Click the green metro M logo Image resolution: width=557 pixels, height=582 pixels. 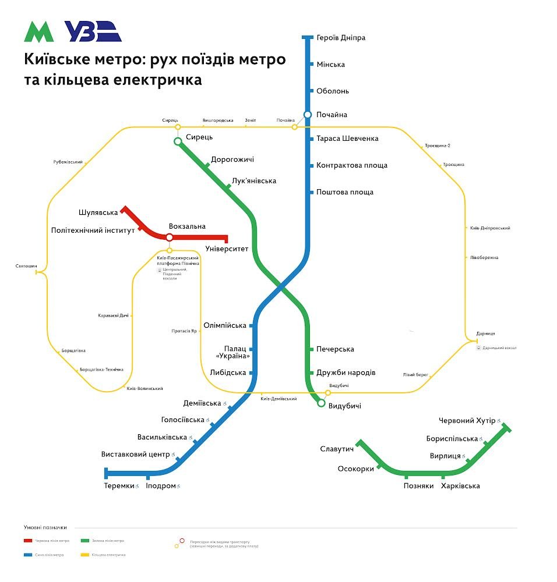tap(38, 32)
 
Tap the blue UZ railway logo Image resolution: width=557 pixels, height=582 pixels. tap(93, 31)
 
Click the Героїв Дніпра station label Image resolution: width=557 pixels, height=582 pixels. tap(341, 38)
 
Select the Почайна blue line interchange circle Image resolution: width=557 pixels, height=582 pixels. tap(308, 115)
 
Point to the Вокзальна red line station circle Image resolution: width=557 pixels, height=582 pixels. tap(169, 237)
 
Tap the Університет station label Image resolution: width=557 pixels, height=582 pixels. tap(227, 249)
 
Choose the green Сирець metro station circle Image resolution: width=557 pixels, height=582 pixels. tap(178, 141)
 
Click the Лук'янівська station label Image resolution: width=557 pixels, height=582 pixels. tap(254, 181)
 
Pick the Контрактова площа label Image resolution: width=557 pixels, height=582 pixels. tap(352, 165)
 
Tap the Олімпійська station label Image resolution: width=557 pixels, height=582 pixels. tap(225, 325)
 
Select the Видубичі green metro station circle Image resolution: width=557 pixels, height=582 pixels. tap(321, 402)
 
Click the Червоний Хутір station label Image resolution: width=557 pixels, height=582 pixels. tap(467, 420)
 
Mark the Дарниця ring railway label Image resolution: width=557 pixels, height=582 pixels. tap(485, 333)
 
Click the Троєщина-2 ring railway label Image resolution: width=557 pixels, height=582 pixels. tap(438, 145)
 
